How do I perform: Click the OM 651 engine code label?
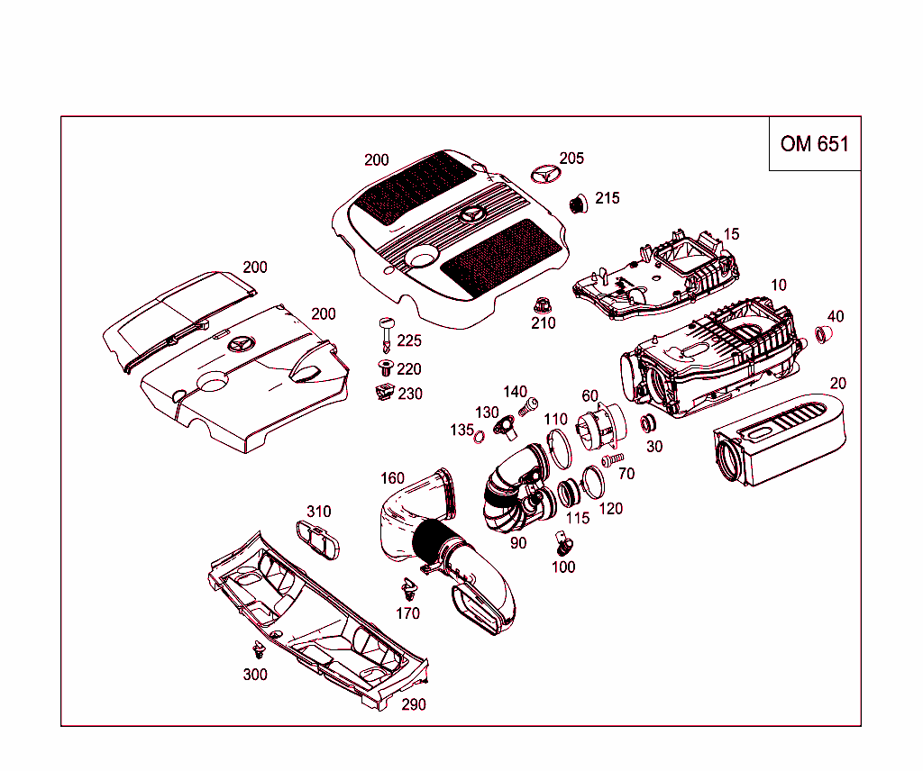(814, 144)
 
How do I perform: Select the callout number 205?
(571, 159)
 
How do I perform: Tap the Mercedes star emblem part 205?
(544, 173)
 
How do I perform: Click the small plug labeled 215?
(577, 204)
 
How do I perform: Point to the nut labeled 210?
(543, 304)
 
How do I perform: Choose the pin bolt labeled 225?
(387, 333)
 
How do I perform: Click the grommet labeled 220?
(386, 367)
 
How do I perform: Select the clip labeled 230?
(385, 393)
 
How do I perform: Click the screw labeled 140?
(530, 407)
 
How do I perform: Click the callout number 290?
(413, 704)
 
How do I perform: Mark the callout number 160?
(392, 478)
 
